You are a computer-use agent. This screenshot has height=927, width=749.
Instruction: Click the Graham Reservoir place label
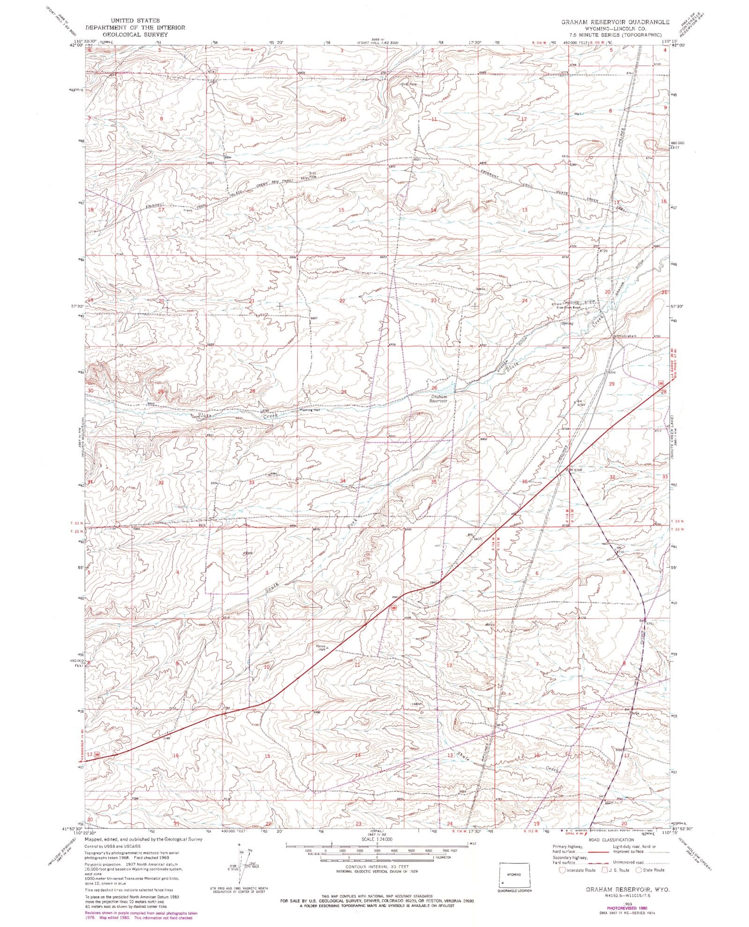439,399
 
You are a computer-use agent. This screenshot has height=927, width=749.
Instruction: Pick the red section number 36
525,482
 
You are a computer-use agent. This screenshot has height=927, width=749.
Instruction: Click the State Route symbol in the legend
637,870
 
